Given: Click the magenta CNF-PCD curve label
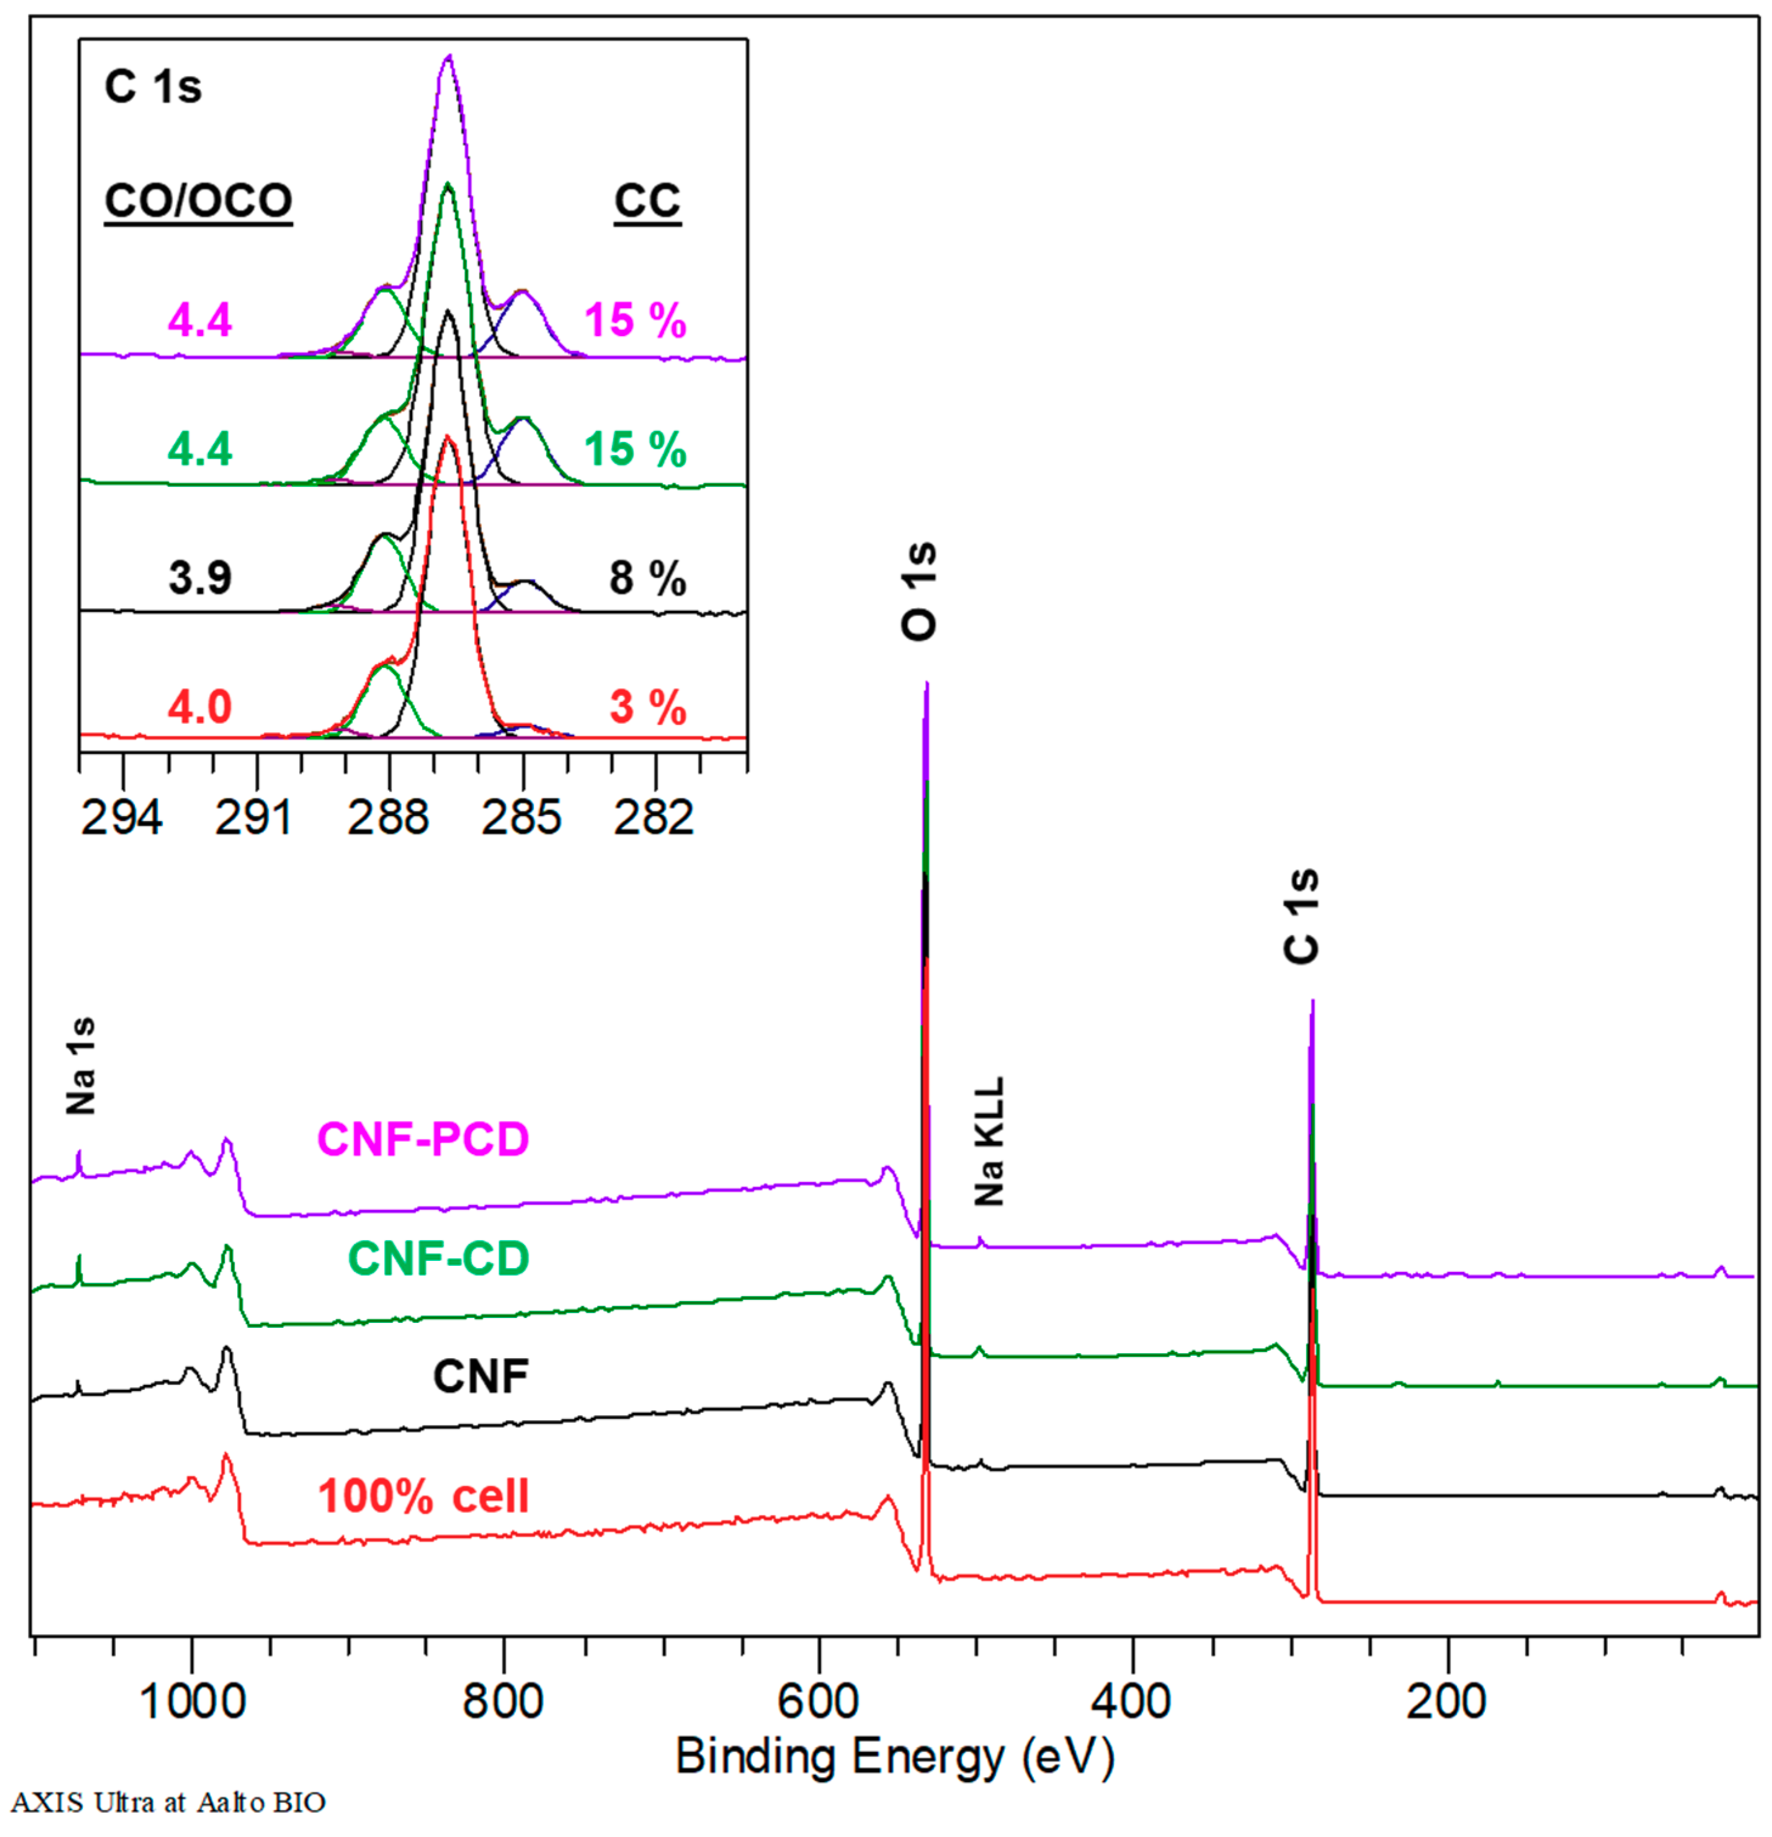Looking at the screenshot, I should click(x=423, y=1139).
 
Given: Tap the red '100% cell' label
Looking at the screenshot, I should click(x=423, y=1496).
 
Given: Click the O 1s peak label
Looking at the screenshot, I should click(x=919, y=591).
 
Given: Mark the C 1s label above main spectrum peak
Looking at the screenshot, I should click(x=1301, y=916).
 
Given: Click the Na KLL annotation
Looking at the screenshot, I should click(x=989, y=1141).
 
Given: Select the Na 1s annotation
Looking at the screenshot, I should click(x=81, y=1066).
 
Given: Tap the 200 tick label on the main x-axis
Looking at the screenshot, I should click(x=1447, y=1701).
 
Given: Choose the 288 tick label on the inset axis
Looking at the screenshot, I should click(x=388, y=818).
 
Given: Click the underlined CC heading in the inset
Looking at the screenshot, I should click(x=647, y=201).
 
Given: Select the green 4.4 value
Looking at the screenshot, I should click(x=200, y=449).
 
